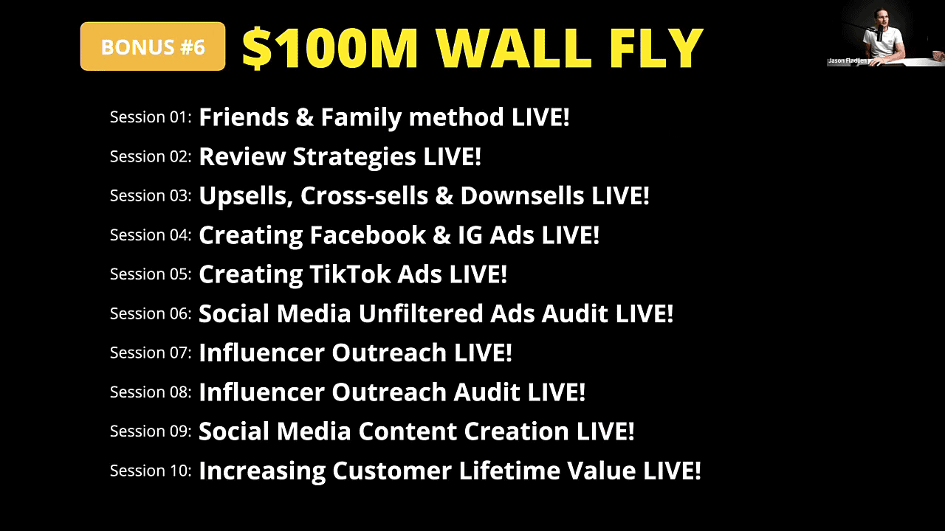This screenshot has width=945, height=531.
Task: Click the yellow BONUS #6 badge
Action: (x=153, y=46)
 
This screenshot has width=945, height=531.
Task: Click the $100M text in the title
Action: (x=330, y=48)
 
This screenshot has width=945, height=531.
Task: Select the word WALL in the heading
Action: (x=514, y=48)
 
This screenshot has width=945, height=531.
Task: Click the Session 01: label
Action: (x=151, y=117)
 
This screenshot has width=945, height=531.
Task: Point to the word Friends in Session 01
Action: (x=244, y=117)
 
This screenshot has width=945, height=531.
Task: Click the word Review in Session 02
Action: (x=242, y=156)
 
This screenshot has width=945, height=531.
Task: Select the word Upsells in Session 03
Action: (x=246, y=196)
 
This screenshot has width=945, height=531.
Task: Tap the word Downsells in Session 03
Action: (x=522, y=195)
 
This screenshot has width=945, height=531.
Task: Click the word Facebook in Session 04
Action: (x=368, y=235)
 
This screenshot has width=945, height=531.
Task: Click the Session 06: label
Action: (x=151, y=313)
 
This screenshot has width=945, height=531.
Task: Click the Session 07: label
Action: (x=151, y=353)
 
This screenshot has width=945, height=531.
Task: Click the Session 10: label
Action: (x=151, y=471)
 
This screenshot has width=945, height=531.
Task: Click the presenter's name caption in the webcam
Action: (x=847, y=60)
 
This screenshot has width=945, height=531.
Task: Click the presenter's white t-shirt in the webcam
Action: (x=884, y=42)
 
